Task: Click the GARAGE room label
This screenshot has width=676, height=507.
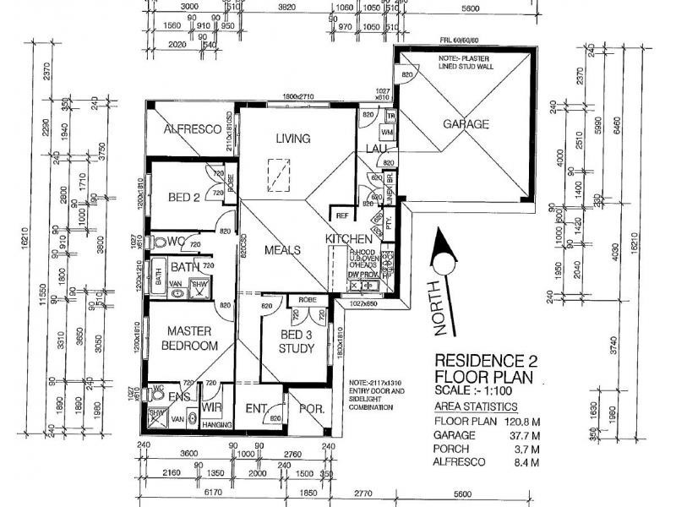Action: click(466, 124)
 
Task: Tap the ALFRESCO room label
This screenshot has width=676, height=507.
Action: click(192, 129)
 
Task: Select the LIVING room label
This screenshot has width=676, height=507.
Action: click(292, 139)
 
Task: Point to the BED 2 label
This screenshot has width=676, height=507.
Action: click(183, 198)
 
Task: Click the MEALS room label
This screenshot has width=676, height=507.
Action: click(282, 250)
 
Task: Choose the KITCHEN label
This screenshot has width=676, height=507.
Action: click(349, 239)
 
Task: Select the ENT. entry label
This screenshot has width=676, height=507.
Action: click(256, 409)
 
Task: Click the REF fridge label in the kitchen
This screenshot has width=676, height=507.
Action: click(342, 215)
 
